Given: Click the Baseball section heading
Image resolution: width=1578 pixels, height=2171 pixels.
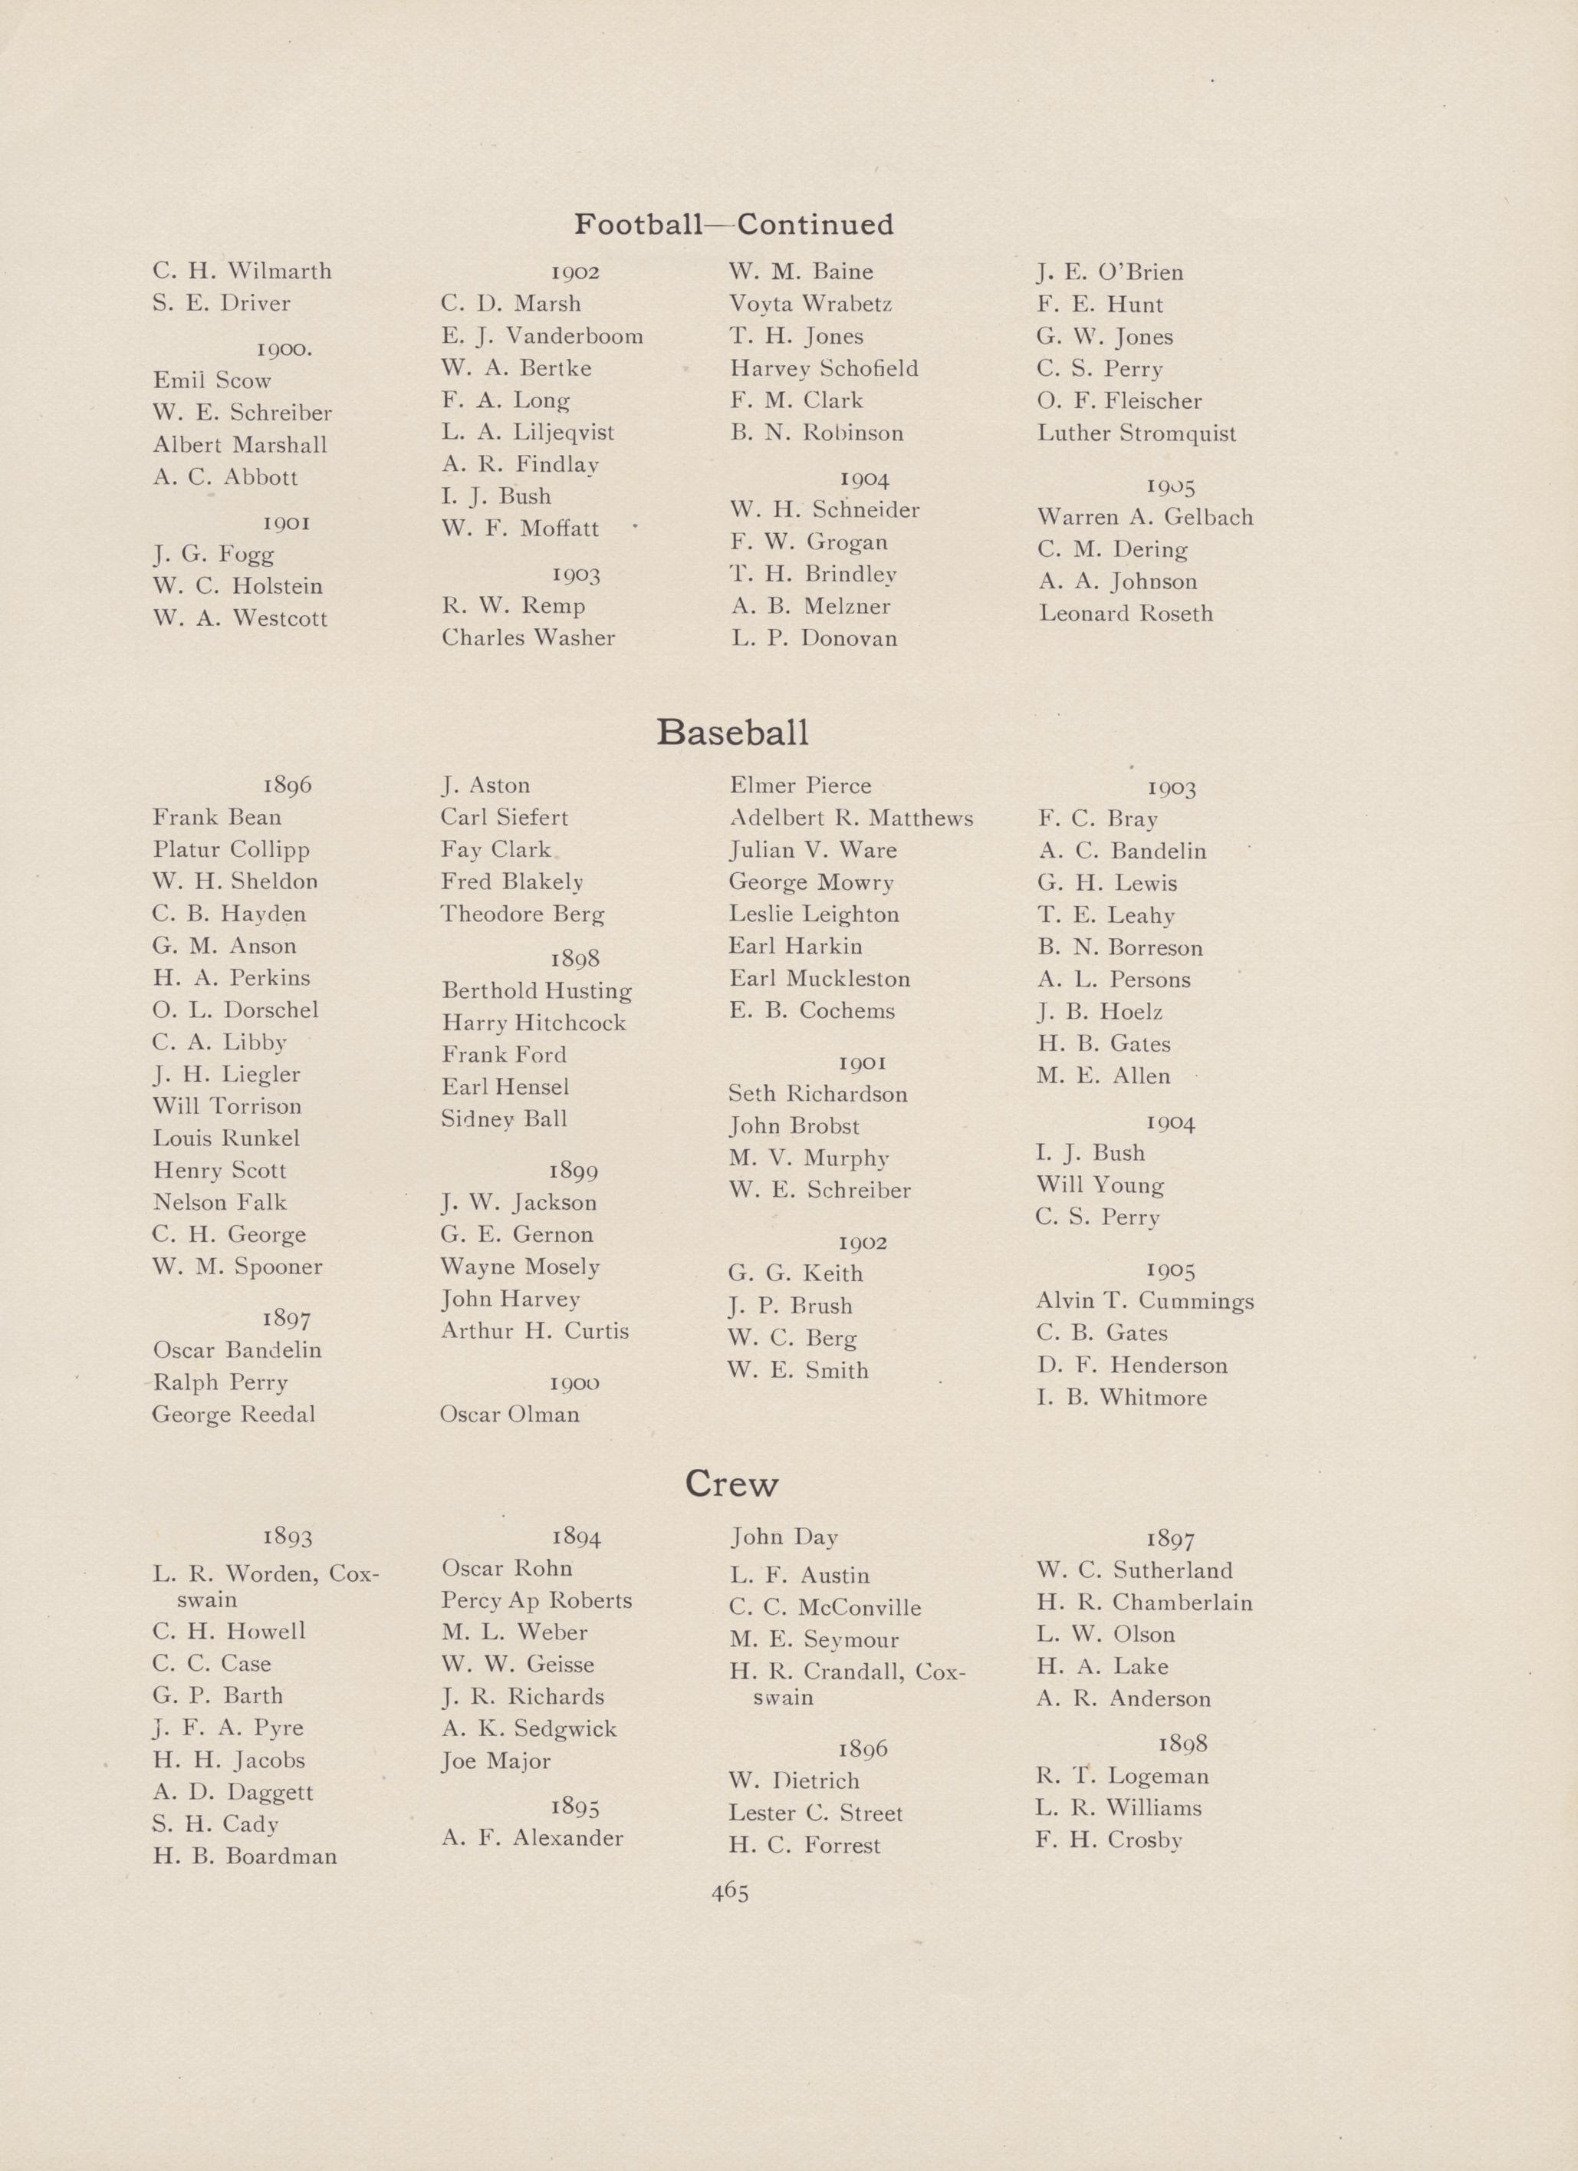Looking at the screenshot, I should pyautogui.click(x=732, y=733).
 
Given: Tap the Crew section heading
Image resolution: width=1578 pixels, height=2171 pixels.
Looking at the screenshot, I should pyautogui.click(x=732, y=1484).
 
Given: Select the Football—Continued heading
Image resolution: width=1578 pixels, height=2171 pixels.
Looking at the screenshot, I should pyautogui.click(x=733, y=225).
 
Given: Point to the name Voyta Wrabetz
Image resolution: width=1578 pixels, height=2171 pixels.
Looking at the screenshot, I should pyautogui.click(x=810, y=305).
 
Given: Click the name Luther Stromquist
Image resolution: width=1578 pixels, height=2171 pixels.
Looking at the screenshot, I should pyautogui.click(x=1136, y=433).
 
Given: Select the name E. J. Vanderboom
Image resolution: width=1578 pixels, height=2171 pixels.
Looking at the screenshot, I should pyautogui.click(x=541, y=336).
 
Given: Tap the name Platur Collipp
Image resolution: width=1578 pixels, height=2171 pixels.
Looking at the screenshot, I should pyautogui.click(x=231, y=850).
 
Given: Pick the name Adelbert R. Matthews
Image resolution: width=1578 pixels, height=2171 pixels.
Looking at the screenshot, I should pyautogui.click(x=850, y=819).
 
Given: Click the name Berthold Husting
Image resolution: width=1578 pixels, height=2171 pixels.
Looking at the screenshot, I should pyautogui.click(x=537, y=990).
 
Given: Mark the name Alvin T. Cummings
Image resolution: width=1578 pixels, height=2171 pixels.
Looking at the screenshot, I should pyautogui.click(x=1145, y=1301).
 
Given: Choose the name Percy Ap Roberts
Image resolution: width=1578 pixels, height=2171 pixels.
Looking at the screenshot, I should pyautogui.click(x=537, y=1600).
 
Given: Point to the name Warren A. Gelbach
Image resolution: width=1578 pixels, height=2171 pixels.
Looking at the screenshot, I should pyautogui.click(x=1145, y=517).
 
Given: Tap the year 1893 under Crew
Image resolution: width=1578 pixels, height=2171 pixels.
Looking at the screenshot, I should pyautogui.click(x=287, y=1537).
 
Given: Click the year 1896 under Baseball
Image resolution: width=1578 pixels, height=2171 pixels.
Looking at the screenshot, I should pyautogui.click(x=287, y=785).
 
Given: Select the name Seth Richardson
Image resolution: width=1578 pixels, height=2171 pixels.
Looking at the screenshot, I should pyautogui.click(x=818, y=1094).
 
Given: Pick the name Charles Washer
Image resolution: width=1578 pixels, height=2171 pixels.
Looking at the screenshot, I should pyautogui.click(x=528, y=637).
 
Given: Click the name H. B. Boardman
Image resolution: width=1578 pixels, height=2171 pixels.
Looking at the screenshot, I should pyautogui.click(x=245, y=1856).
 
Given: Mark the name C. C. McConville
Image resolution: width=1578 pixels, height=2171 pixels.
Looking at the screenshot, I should pyautogui.click(x=825, y=1607).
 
